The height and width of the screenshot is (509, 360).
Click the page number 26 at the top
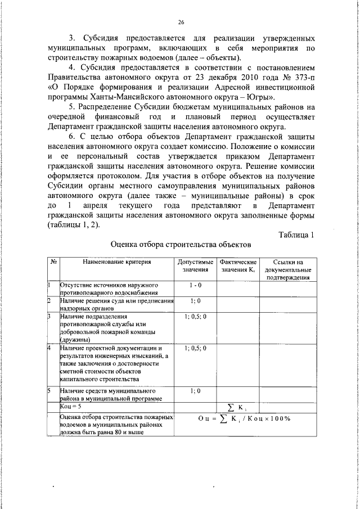[181, 22]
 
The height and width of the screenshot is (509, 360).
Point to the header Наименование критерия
[117, 262]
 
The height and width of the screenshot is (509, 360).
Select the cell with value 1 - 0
[195, 286]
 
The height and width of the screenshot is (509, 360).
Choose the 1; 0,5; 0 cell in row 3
[195, 317]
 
